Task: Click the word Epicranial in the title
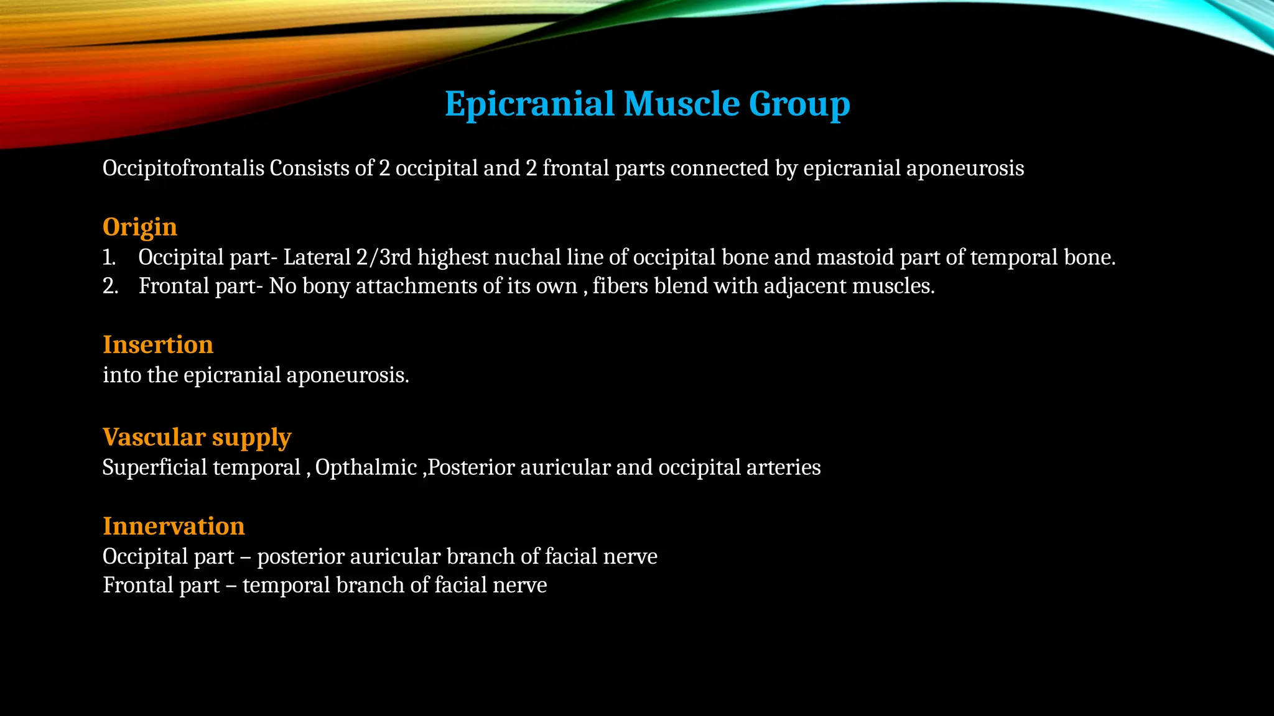click(x=529, y=103)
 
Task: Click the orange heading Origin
click(x=140, y=227)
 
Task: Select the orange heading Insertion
click(x=158, y=344)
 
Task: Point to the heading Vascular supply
click(x=197, y=437)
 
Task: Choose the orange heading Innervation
click(x=174, y=526)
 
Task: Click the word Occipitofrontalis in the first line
click(x=184, y=168)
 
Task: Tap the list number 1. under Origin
click(x=109, y=257)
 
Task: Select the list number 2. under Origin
click(x=110, y=286)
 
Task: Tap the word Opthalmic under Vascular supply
click(x=366, y=467)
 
